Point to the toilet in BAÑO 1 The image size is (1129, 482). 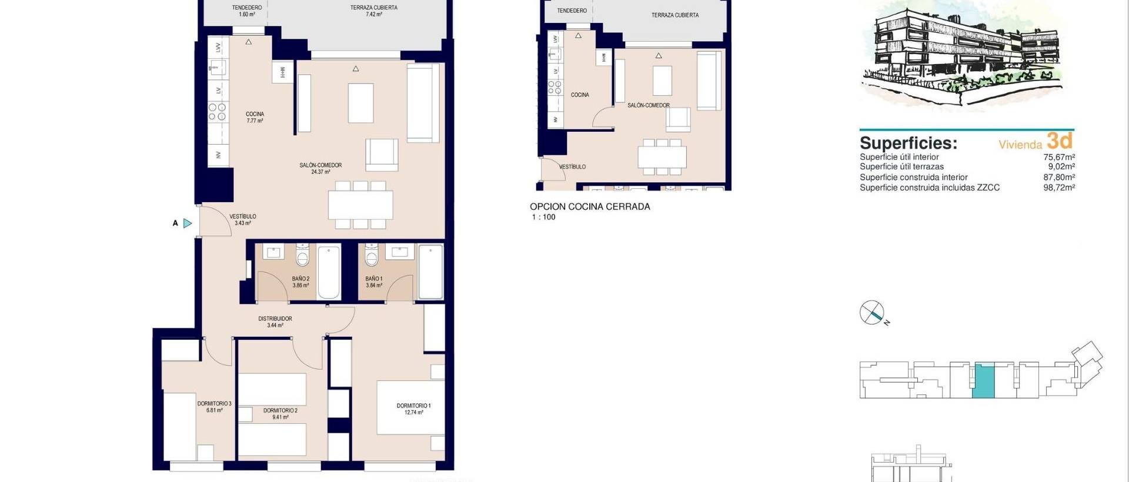click(372, 256)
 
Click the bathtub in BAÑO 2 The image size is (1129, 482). click(329, 272)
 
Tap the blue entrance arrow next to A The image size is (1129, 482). click(188, 223)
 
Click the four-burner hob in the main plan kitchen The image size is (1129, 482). click(218, 112)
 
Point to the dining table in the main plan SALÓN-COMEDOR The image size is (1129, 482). click(360, 205)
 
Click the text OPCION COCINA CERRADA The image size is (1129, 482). click(590, 206)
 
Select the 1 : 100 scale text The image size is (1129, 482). click(543, 217)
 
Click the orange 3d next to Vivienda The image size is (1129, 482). click(1060, 141)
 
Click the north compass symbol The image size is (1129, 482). click(871, 313)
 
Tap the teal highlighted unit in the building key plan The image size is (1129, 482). click(984, 381)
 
